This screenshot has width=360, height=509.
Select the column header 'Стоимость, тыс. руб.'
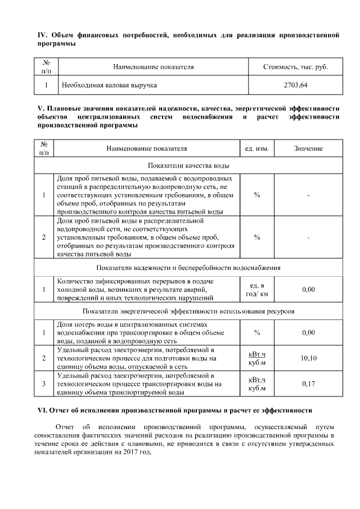(x=295, y=67)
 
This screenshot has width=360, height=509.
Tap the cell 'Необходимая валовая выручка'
(x=109, y=85)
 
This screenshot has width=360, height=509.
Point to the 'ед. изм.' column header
(x=257, y=148)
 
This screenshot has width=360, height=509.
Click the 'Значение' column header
(x=308, y=148)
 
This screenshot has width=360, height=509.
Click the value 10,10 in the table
(x=308, y=358)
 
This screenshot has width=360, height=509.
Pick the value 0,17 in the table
(x=308, y=384)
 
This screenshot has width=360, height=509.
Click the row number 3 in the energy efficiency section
(x=44, y=384)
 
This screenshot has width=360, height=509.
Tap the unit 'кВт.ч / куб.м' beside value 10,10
(x=257, y=358)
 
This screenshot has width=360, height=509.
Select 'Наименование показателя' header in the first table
(x=153, y=67)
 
